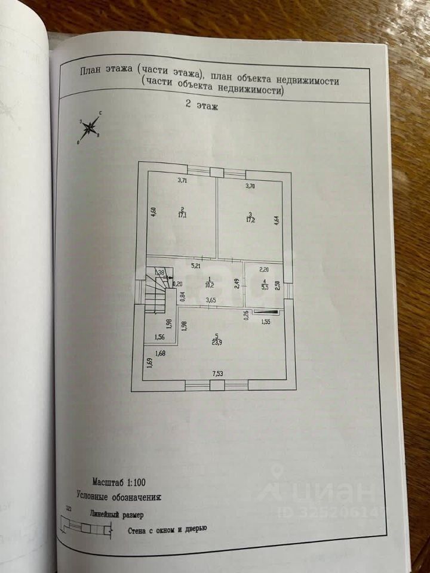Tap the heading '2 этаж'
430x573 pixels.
click(x=202, y=107)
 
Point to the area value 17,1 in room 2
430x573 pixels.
click(x=180, y=215)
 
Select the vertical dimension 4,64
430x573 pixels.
click(x=277, y=220)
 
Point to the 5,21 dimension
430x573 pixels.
click(x=195, y=266)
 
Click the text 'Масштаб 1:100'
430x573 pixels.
click(x=118, y=481)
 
